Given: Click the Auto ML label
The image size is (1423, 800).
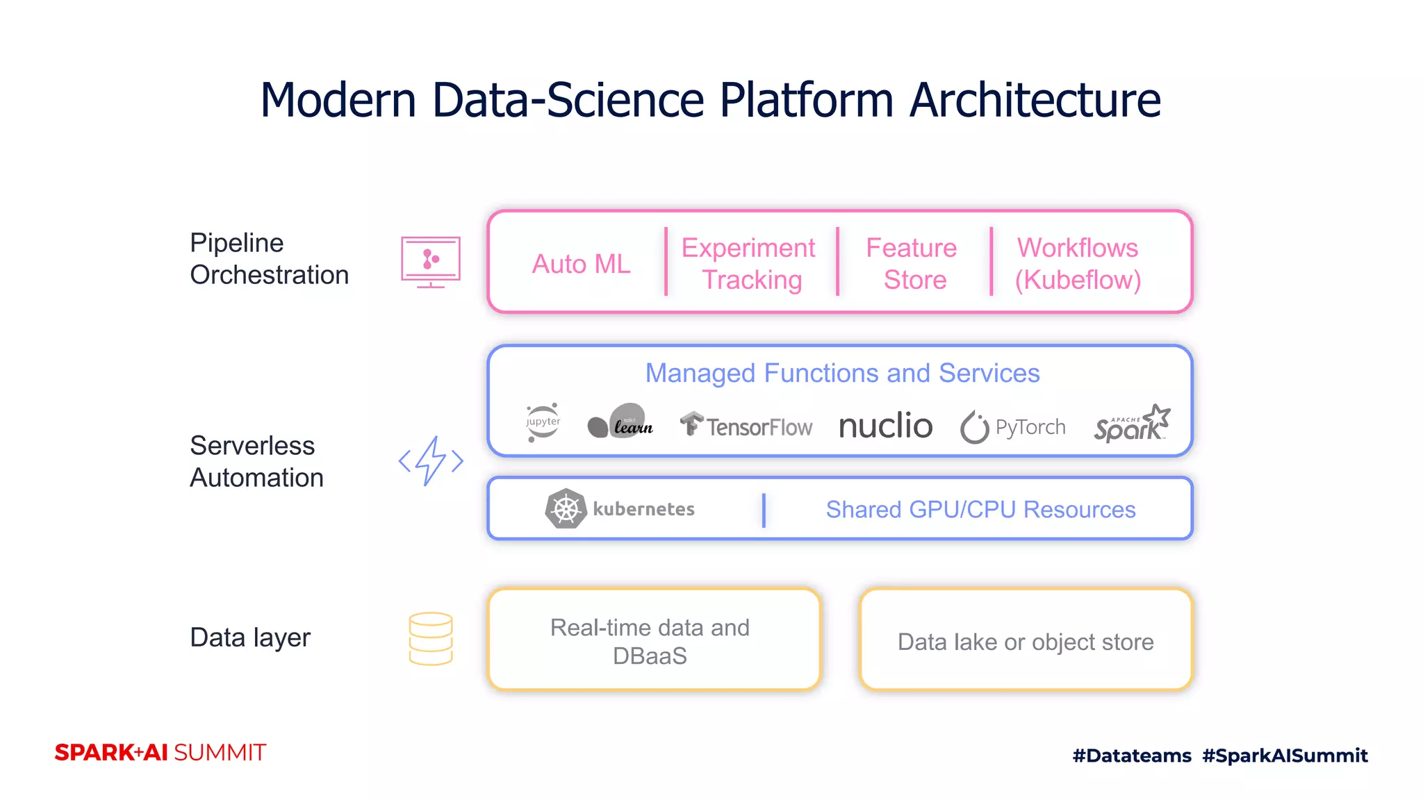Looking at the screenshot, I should click(x=581, y=264).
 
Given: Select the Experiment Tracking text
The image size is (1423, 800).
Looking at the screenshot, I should click(x=749, y=264).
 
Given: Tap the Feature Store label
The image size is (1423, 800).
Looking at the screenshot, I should click(x=912, y=264).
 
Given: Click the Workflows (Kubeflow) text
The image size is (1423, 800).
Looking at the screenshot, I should click(x=1078, y=264).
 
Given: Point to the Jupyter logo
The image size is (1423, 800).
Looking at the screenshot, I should click(x=543, y=422).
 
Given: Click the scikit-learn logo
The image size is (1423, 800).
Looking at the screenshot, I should click(x=620, y=422).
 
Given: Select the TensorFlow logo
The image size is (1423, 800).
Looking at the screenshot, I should click(x=746, y=425).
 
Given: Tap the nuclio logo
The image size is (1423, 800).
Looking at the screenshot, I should click(x=886, y=425).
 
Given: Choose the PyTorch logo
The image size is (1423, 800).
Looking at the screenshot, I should click(x=1012, y=426).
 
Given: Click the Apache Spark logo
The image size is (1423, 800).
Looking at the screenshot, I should click(x=1132, y=424).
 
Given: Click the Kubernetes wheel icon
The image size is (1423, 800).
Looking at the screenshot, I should click(x=566, y=509).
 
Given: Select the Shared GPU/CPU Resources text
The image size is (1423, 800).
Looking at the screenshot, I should click(x=980, y=509).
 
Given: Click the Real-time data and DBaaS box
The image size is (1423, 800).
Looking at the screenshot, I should click(x=654, y=640).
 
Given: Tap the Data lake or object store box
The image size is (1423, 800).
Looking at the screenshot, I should click(x=1026, y=640).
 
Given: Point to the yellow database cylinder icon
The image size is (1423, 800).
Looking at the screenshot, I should click(x=431, y=639).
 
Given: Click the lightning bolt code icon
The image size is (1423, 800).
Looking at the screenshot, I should click(x=431, y=460).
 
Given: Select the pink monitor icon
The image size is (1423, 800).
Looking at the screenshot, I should click(x=431, y=261).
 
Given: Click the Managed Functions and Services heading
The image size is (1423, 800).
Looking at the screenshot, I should click(x=842, y=373).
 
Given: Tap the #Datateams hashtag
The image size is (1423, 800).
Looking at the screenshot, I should click(x=1132, y=756).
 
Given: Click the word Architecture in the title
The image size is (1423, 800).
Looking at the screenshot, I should click(x=1035, y=100).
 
